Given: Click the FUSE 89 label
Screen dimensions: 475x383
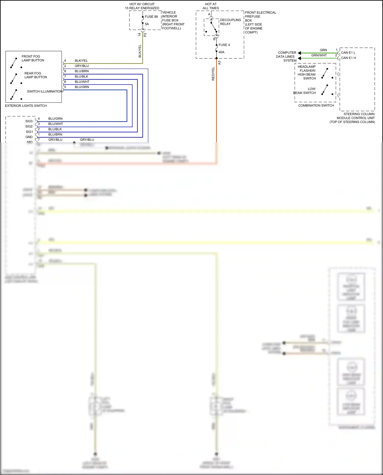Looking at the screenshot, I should [x=151, y=17].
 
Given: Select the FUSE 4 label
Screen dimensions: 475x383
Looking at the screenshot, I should [x=224, y=45].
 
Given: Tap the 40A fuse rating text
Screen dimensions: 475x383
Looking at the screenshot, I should [x=221, y=52].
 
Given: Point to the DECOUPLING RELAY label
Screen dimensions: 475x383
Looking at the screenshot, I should [x=230, y=22].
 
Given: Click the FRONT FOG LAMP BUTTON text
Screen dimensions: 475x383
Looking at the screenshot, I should [x=33, y=58].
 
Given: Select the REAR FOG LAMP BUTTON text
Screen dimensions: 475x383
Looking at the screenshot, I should [x=35, y=75].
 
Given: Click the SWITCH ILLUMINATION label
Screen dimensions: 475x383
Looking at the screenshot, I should [x=44, y=91].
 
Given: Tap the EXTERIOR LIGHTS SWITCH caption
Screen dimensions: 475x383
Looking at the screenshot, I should [x=26, y=106].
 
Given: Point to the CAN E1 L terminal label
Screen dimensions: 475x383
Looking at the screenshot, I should [x=348, y=53].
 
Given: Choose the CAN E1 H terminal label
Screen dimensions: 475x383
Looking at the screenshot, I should [x=348, y=58].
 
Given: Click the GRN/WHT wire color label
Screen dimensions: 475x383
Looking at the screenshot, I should [x=319, y=55].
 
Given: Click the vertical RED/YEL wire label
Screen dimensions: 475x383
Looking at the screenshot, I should [x=213, y=74].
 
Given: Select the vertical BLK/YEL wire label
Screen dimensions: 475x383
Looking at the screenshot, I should [x=140, y=51].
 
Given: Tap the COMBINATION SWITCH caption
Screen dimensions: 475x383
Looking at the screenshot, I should [x=316, y=105].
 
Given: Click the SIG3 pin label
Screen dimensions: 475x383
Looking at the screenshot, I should [x=29, y=121].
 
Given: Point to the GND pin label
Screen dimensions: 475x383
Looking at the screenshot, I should [x=29, y=137].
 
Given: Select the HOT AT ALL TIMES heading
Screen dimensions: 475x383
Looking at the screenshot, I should [x=211, y=6].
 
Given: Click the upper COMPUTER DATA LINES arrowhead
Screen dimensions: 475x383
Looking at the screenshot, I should [x=299, y=53].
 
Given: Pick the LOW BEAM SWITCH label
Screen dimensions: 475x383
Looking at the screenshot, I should [x=305, y=91].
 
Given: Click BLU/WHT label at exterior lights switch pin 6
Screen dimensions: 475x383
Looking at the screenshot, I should [x=82, y=82].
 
